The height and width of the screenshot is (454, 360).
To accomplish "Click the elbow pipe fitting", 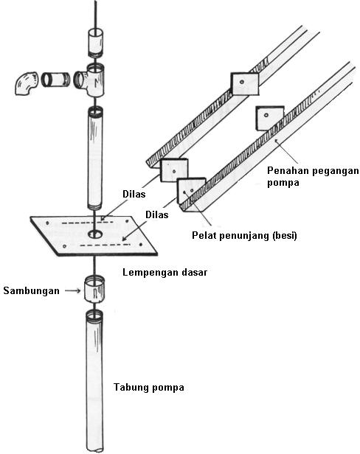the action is coord(27,83).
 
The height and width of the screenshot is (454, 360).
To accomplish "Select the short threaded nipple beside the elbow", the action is coord(55,80).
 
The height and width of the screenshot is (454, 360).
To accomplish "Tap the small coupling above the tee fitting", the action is coord(95,42).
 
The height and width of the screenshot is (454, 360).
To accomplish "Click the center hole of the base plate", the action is coord(95,234).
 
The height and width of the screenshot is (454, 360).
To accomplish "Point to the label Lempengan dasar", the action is coord(165,273).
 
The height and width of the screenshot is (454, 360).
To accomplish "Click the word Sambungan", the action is coord(31,290).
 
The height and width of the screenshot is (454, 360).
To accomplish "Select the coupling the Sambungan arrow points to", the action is coord(94,289).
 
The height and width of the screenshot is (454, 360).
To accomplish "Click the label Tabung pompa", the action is coord(149,388).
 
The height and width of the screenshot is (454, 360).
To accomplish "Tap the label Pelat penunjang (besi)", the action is coord(244,236).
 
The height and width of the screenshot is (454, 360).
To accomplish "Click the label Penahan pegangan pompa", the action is coord(313,177).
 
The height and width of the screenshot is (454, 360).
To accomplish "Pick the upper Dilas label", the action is coord(134,194).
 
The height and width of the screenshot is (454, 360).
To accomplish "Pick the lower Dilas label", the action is coord(157,215).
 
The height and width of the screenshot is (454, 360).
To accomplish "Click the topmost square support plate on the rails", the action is coord(244,84).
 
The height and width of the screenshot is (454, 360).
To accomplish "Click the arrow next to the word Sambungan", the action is coord(73,290).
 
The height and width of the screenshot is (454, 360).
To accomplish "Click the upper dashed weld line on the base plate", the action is coord(87,223).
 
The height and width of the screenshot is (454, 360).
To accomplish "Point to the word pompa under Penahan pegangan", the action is coord(283,184).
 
